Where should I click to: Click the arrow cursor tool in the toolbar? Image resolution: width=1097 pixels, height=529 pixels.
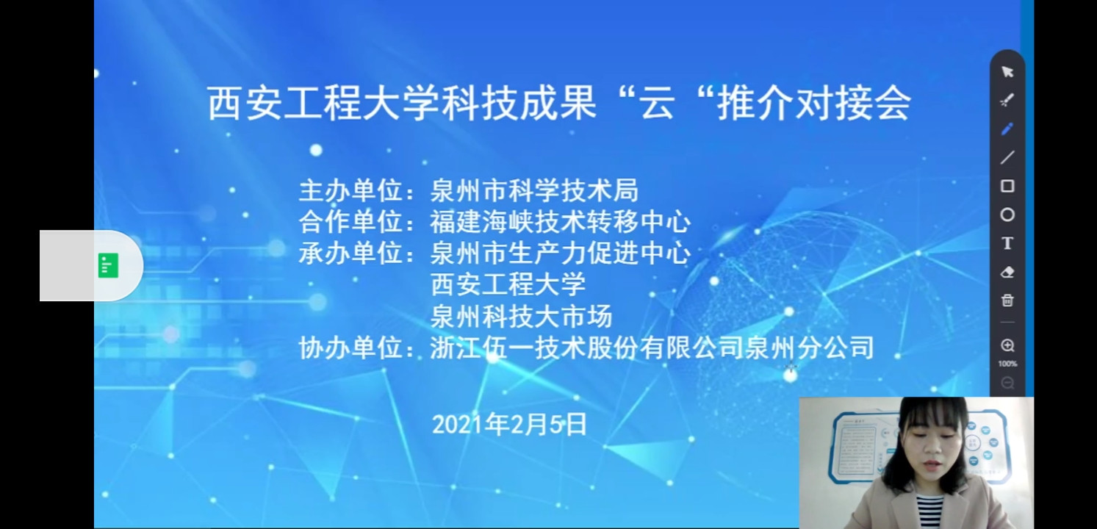coord(1007,72)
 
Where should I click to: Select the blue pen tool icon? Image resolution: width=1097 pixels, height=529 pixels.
coord(1007,129)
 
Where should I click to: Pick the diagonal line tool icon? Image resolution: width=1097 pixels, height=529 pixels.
coord(1007,158)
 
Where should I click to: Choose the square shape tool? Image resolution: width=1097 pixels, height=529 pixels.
coord(1007,186)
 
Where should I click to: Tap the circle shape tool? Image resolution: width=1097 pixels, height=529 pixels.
coord(1007,215)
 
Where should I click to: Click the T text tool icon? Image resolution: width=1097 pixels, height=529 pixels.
coord(1007,243)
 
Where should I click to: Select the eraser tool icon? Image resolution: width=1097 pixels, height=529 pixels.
coord(1007,272)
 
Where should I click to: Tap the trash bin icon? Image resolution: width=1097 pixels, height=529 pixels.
coord(1007,300)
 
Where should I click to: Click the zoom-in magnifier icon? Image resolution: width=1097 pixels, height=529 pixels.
coord(1007,345)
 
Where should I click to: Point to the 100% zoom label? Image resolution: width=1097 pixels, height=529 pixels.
coord(1007,364)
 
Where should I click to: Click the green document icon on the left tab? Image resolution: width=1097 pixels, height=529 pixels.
coord(108,265)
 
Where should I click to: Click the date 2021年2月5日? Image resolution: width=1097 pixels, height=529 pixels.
coord(509,424)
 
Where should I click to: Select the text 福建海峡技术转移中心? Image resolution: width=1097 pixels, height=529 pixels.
coord(560,222)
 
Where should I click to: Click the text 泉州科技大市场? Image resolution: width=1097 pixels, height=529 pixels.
coord(521,317)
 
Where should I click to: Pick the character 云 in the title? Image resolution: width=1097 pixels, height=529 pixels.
coord(658,104)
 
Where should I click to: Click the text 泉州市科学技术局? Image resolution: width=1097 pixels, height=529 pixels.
coord(534,190)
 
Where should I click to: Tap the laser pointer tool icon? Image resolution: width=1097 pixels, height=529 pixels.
coord(1007,101)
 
